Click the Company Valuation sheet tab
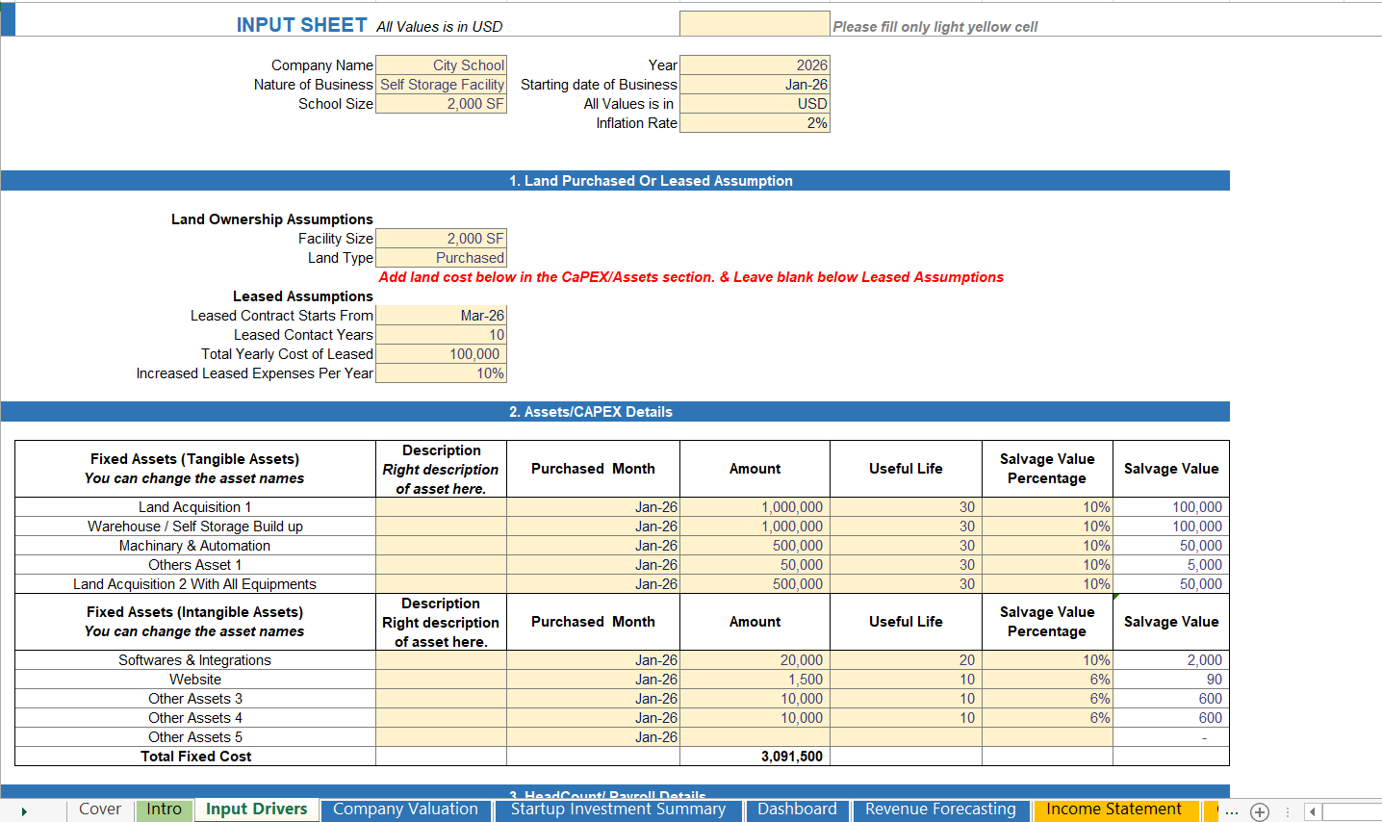click(405, 809)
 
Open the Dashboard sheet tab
click(797, 809)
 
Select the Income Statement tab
click(1113, 809)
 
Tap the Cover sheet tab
click(100, 809)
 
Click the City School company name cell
click(442, 65)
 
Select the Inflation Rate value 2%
click(755, 123)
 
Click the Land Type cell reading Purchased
click(442, 258)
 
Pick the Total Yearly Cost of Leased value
click(442, 354)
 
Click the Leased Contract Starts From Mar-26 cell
click(442, 316)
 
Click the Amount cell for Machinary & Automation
click(755, 546)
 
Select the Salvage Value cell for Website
click(1170, 680)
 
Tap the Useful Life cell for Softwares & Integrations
click(906, 660)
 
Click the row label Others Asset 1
click(195, 565)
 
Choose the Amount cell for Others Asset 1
click(755, 565)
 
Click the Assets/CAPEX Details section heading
click(591, 412)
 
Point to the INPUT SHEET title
click(301, 26)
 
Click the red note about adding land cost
click(691, 277)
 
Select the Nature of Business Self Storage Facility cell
click(442, 85)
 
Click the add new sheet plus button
click(1260, 811)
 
